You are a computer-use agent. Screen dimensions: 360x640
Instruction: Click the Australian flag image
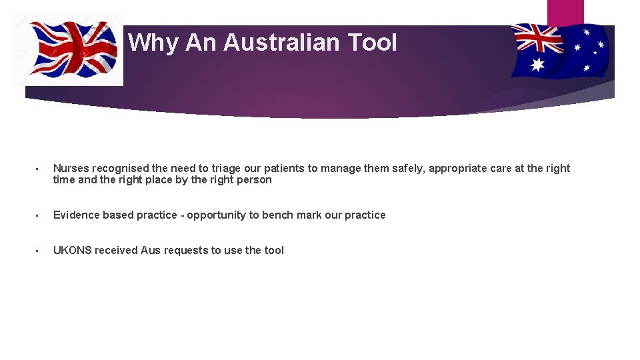(x=560, y=50)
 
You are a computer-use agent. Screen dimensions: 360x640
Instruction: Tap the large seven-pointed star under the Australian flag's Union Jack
(x=537, y=64)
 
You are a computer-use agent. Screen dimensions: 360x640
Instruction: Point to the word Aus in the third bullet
(x=150, y=250)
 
